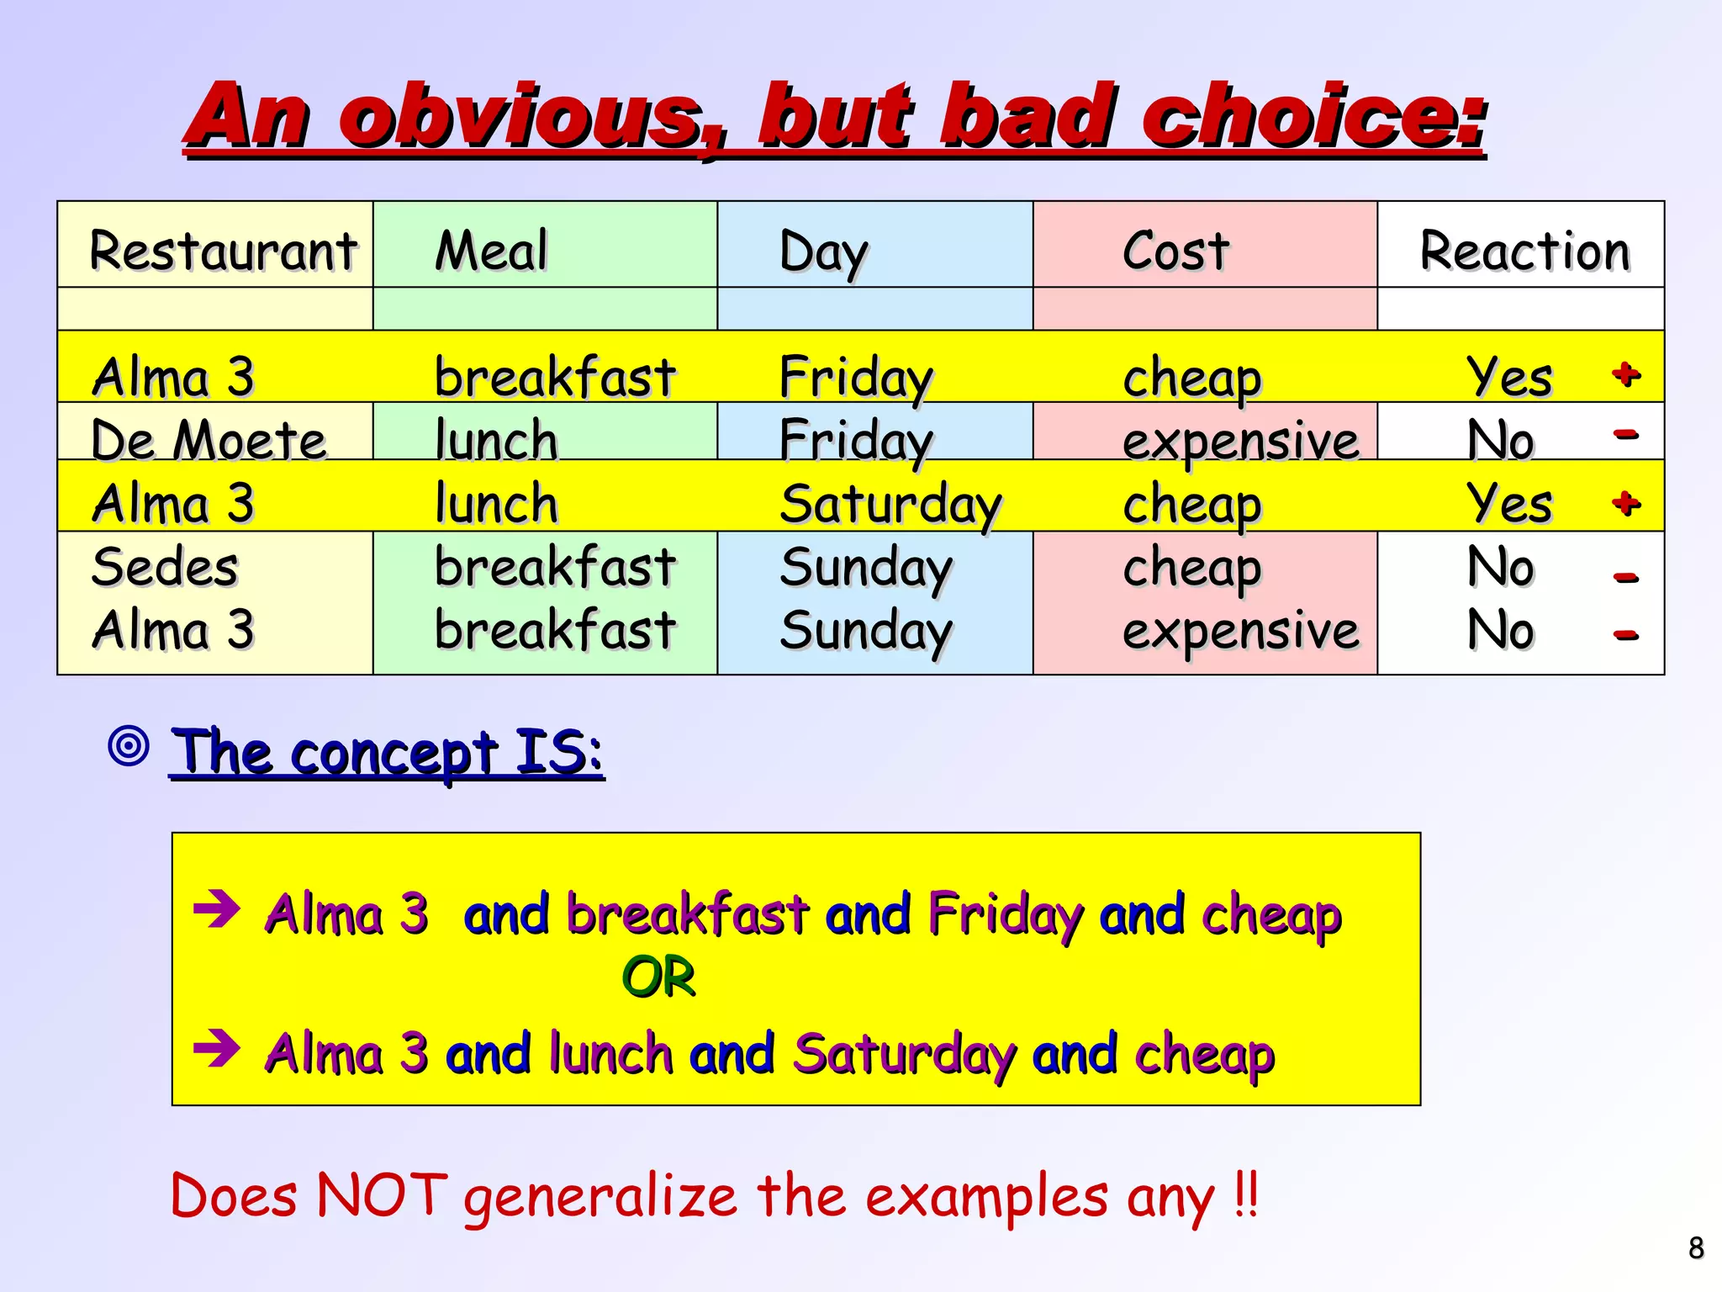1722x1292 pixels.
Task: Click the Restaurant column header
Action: pos(223,251)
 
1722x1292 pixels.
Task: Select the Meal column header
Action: pos(491,251)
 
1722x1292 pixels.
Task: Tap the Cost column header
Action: pos(1175,251)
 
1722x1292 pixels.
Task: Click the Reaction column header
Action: pos(1524,251)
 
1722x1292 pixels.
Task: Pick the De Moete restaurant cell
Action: pos(209,440)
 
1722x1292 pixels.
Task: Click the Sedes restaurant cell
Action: pos(165,567)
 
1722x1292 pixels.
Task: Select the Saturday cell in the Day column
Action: pos(890,505)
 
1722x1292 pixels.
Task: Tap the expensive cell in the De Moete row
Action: pos(1240,440)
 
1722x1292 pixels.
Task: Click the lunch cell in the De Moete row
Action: pos(496,440)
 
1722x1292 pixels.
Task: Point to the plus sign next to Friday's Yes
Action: pos(1626,373)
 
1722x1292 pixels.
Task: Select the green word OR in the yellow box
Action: pos(658,977)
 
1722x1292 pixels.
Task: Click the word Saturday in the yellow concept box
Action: pos(904,1054)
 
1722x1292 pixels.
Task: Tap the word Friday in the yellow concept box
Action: pos(1005,915)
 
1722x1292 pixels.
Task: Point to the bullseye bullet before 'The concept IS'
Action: pos(129,745)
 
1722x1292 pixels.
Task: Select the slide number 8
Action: pos(1696,1247)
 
